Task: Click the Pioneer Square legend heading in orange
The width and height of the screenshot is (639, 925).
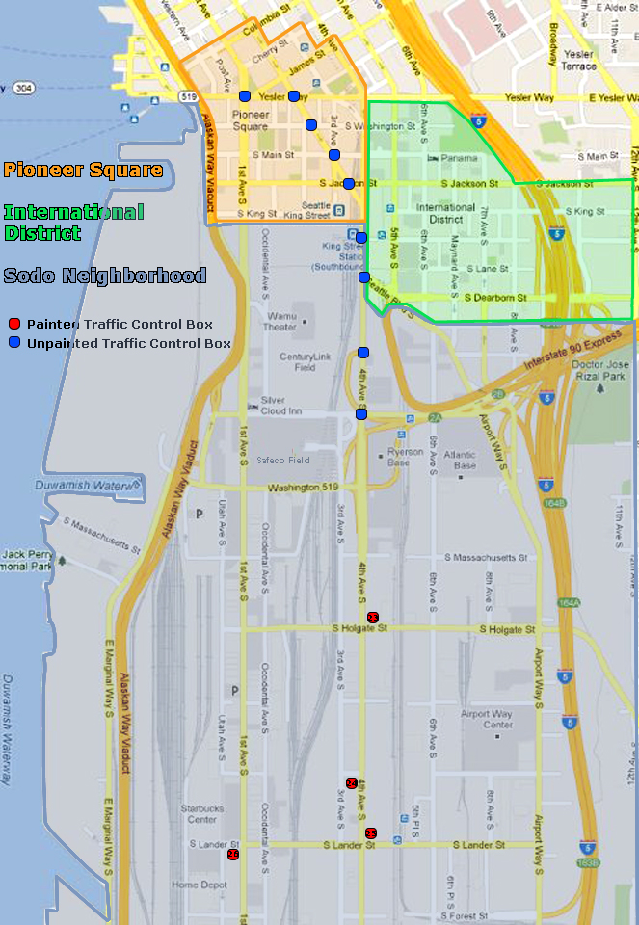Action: (83, 171)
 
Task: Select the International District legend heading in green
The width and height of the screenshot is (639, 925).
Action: (73, 222)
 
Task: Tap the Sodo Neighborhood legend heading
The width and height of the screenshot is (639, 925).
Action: (104, 277)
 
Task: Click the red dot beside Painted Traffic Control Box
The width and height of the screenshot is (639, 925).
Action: (13, 324)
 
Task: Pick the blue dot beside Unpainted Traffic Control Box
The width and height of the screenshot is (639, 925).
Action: (13, 343)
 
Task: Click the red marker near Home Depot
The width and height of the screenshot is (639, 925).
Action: (232, 855)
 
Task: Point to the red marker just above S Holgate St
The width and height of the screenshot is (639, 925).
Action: (373, 617)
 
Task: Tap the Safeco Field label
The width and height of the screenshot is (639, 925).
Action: (283, 461)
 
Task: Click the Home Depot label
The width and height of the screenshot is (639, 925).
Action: (200, 885)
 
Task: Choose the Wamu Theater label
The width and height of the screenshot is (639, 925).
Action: (280, 322)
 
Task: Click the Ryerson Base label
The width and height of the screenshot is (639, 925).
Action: (404, 458)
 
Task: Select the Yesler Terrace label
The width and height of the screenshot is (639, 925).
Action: (578, 61)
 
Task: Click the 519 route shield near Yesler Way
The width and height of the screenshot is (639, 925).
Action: (188, 97)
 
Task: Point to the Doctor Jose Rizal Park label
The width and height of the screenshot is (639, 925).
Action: (599, 371)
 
